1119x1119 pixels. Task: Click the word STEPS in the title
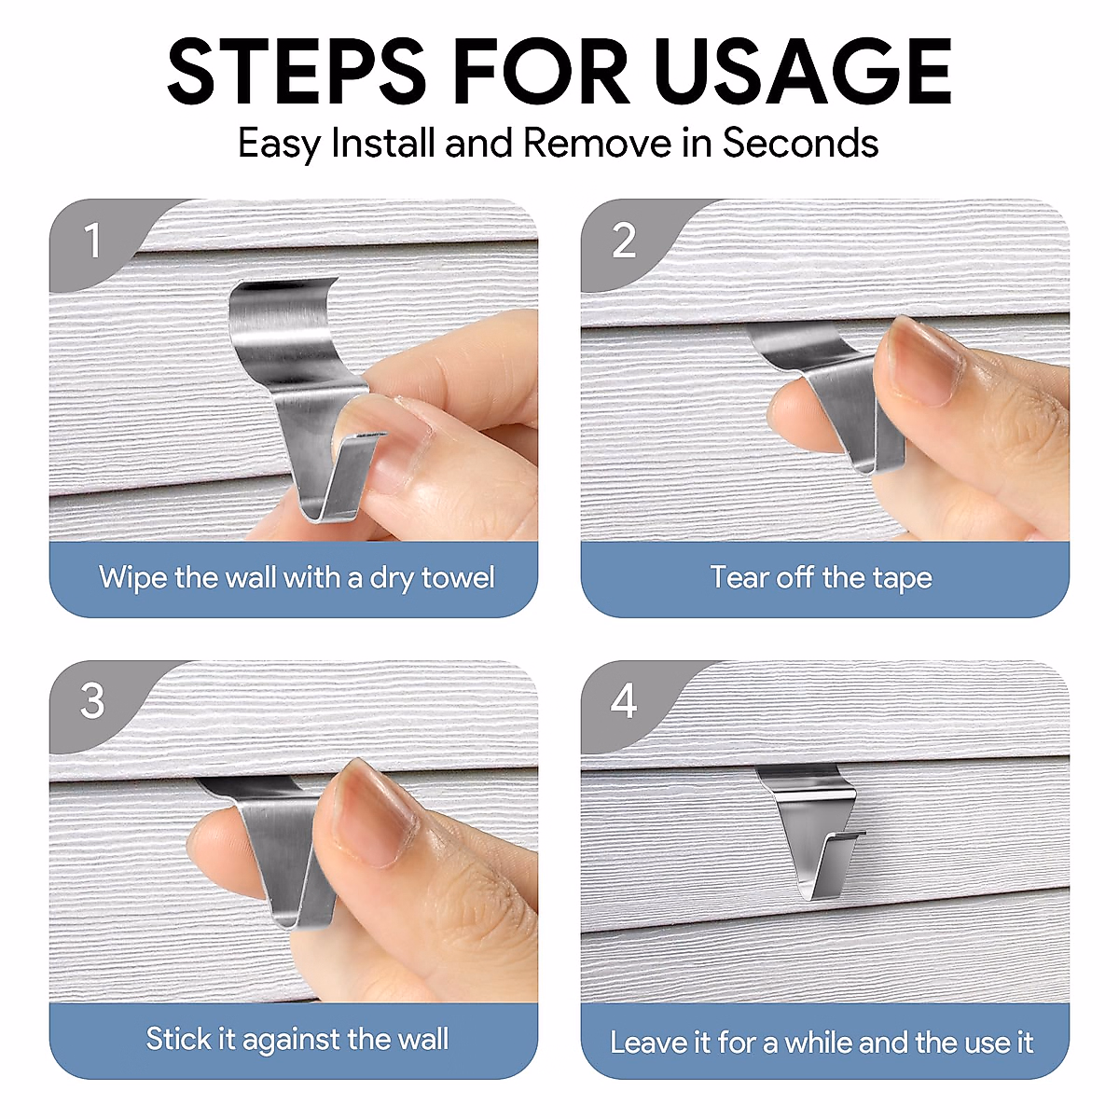coord(297,71)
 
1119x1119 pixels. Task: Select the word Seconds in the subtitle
coord(800,143)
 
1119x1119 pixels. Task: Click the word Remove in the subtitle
coord(597,143)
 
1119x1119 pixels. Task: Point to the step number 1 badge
coord(91,241)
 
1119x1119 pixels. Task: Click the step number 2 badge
coord(624,241)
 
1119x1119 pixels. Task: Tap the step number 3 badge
coord(91,701)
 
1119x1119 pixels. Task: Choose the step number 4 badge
coord(624,701)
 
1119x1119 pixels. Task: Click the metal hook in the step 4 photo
coord(810,831)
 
